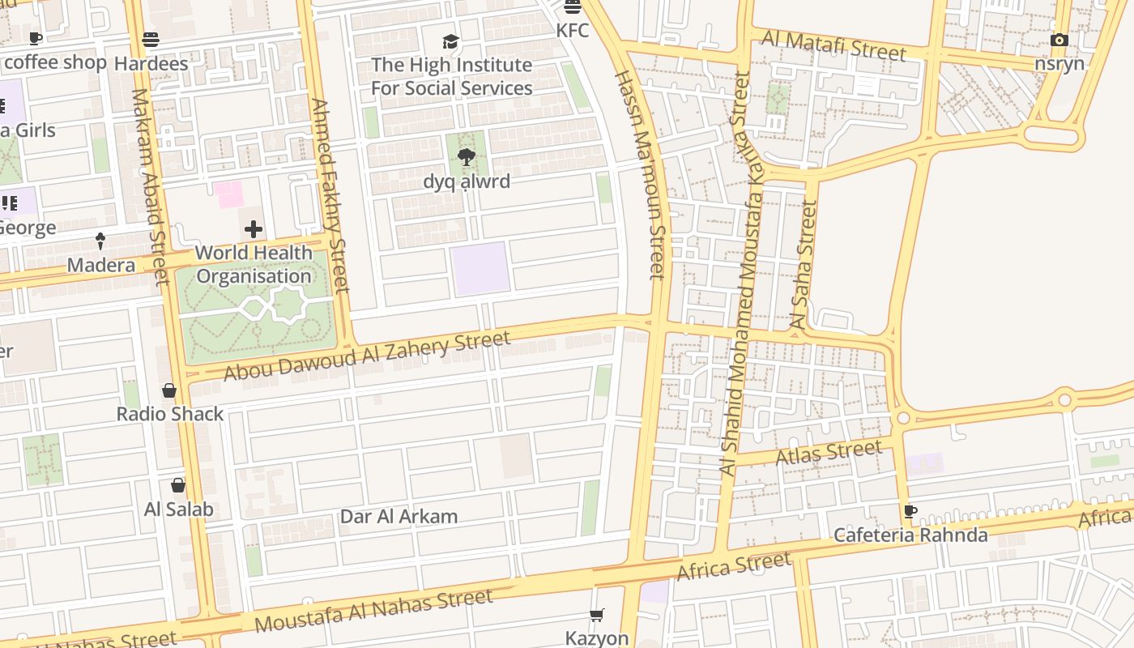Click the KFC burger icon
pyautogui.click(x=573, y=7)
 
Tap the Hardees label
pyautogui.click(x=151, y=63)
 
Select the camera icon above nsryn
pyautogui.click(x=1059, y=40)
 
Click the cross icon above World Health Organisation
pyautogui.click(x=254, y=229)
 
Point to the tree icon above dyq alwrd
pyautogui.click(x=466, y=157)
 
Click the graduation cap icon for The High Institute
pyautogui.click(x=450, y=41)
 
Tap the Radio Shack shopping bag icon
pyautogui.click(x=169, y=391)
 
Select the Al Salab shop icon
pyautogui.click(x=178, y=485)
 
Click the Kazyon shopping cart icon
pyautogui.click(x=597, y=616)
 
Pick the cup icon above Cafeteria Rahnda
pyautogui.click(x=910, y=511)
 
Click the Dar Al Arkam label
pyautogui.click(x=399, y=517)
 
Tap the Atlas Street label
pyautogui.click(x=829, y=453)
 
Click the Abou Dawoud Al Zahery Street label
pyautogui.click(x=367, y=355)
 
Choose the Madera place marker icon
pyautogui.click(x=100, y=241)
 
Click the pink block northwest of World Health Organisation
pyautogui.click(x=228, y=194)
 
